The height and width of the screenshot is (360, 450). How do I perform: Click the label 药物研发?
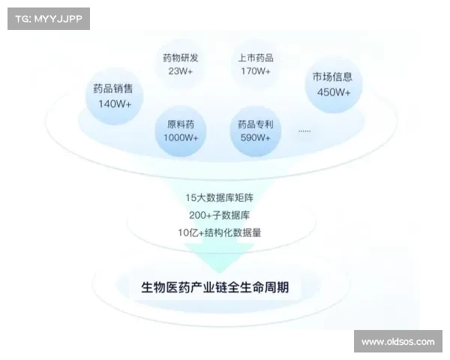click(x=181, y=58)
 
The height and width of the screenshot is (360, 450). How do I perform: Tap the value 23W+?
click(x=181, y=71)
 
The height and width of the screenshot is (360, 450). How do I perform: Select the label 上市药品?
click(x=256, y=58)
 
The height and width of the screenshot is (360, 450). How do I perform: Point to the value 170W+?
click(x=256, y=71)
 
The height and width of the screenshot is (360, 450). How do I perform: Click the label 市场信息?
click(x=332, y=76)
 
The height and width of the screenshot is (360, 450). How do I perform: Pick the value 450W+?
click(x=334, y=92)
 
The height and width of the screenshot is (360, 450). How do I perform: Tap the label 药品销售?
click(x=113, y=88)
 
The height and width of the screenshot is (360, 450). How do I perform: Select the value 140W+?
click(x=115, y=103)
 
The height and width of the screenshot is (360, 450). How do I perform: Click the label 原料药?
click(x=181, y=124)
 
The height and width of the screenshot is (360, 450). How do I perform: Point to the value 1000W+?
click(x=181, y=137)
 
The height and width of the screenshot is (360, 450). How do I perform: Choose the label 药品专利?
click(x=256, y=124)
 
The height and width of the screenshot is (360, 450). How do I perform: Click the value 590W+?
click(x=256, y=137)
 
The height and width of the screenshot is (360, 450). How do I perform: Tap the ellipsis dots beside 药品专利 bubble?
click(x=304, y=131)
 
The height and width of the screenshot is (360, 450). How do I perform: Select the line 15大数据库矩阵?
click(x=220, y=198)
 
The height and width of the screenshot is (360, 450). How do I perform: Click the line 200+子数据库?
click(x=220, y=215)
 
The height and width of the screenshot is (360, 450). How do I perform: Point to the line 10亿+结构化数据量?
click(x=220, y=232)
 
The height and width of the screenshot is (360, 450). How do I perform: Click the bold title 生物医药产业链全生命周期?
click(x=215, y=287)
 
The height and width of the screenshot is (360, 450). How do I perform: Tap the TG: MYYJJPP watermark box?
click(x=49, y=19)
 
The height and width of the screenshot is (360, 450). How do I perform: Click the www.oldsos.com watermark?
click(x=398, y=342)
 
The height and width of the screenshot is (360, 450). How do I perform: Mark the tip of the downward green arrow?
click(x=220, y=273)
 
